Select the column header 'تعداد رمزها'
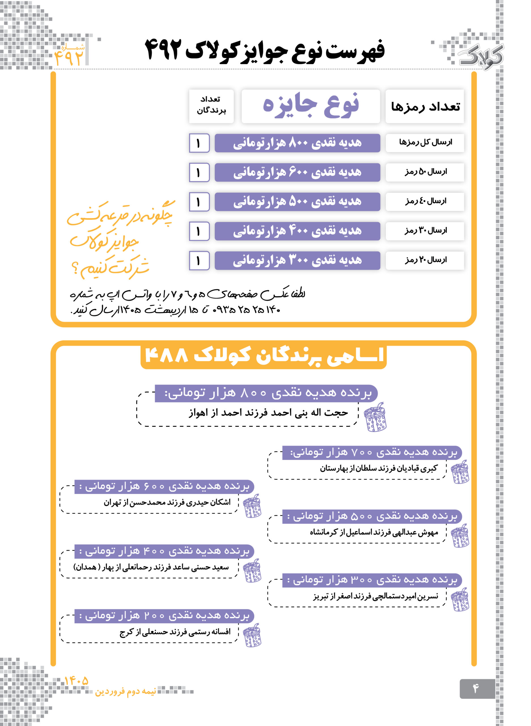tap(425, 106)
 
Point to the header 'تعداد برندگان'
tap(211, 105)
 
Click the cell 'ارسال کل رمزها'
tap(425, 142)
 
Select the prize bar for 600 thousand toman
tap(297, 172)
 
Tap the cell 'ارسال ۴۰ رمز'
tap(425, 202)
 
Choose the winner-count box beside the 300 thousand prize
tap(199, 261)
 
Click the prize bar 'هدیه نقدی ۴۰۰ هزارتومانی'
tap(297, 231)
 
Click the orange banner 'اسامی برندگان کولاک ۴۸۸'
tap(263, 356)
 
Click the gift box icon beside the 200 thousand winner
tap(252, 635)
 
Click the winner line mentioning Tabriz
tap(375, 597)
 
